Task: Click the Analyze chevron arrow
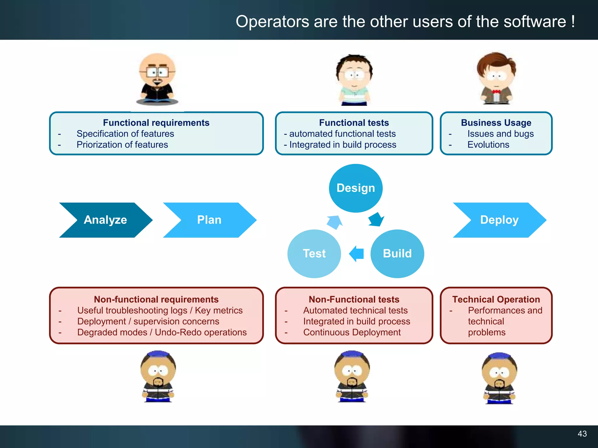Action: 105,220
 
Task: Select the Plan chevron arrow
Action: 209,220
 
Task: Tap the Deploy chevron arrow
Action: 499,220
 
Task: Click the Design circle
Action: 356,188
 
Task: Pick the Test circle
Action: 314,253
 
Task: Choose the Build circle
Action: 397,253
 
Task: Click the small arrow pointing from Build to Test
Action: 357,253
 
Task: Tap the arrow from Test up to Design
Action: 335,222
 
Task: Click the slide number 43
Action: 582,434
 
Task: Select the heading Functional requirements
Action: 156,123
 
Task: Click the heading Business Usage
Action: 496,123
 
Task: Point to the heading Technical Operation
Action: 496,300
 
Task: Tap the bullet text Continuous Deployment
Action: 352,332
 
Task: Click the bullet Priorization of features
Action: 122,145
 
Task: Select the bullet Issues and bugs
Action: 500,134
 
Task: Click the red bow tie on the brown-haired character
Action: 496,92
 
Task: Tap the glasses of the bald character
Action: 157,72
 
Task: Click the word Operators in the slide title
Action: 272,22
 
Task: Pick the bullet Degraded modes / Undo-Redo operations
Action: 162,332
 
